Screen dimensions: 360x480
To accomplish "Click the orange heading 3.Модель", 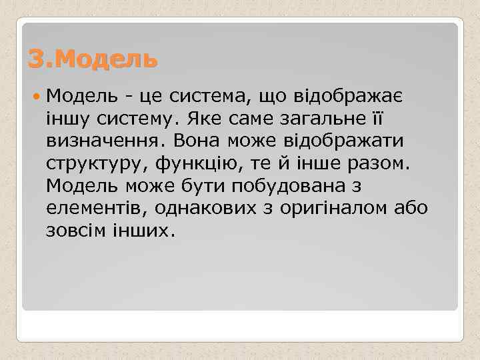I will tap(93, 59).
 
